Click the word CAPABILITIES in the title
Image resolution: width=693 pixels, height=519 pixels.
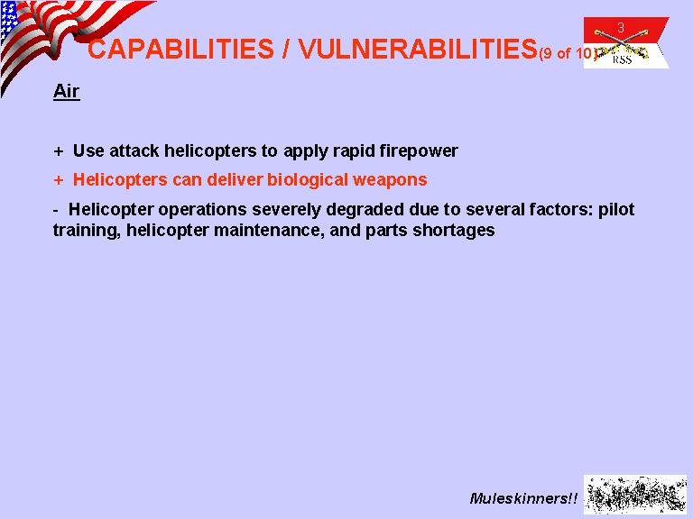point(180,49)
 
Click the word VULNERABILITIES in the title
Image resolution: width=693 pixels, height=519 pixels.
point(418,49)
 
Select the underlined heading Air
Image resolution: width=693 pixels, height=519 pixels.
point(66,91)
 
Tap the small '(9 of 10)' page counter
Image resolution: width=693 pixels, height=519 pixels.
point(568,53)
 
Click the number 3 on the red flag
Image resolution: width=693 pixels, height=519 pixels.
point(621,28)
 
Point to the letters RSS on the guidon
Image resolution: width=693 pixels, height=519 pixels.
point(622,59)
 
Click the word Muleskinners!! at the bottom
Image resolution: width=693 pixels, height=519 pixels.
point(523,498)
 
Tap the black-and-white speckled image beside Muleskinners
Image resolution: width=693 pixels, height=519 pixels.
point(635,495)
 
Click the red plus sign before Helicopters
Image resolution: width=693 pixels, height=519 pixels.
point(59,180)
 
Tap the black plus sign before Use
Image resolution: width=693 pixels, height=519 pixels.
point(59,151)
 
